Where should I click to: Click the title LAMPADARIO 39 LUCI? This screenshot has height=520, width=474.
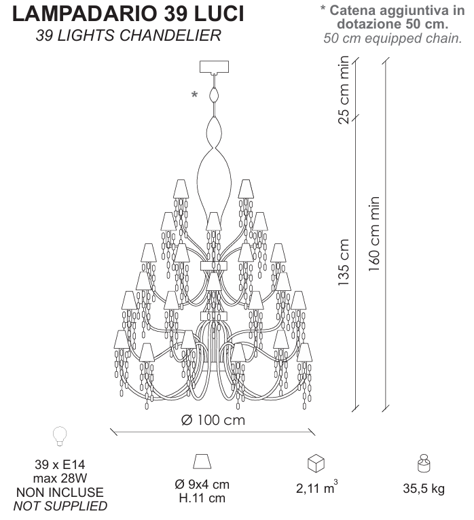tap(128, 14)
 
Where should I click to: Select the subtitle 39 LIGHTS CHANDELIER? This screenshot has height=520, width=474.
tap(128, 35)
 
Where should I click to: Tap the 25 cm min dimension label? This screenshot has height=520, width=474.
tap(344, 90)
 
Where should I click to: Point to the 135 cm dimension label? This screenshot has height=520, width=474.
tap(344, 262)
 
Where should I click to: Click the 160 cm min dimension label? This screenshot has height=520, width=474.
tap(374, 234)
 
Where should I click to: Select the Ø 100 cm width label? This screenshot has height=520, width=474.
tap(213, 420)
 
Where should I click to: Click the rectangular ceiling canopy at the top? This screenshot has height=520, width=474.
tap(214, 67)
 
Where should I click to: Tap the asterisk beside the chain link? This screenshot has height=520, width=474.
tap(194, 94)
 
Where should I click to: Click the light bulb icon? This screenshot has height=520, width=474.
tap(60, 436)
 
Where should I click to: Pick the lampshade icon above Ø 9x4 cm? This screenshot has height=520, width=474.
tap(202, 462)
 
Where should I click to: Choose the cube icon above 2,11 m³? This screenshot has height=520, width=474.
tap(316, 463)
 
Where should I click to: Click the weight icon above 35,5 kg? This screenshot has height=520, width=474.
tap(424, 463)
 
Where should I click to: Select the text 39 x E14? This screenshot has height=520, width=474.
tap(60, 465)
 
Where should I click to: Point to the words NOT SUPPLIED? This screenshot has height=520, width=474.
tap(60, 506)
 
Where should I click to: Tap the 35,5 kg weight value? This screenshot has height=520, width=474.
tap(424, 489)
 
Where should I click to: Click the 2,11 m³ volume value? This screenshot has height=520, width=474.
tap(316, 487)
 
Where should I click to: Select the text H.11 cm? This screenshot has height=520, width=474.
tap(202, 498)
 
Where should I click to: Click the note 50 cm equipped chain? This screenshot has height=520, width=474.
tap(393, 38)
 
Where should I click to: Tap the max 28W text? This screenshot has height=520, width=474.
tap(60, 479)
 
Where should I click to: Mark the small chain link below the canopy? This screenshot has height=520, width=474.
tap(214, 95)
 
